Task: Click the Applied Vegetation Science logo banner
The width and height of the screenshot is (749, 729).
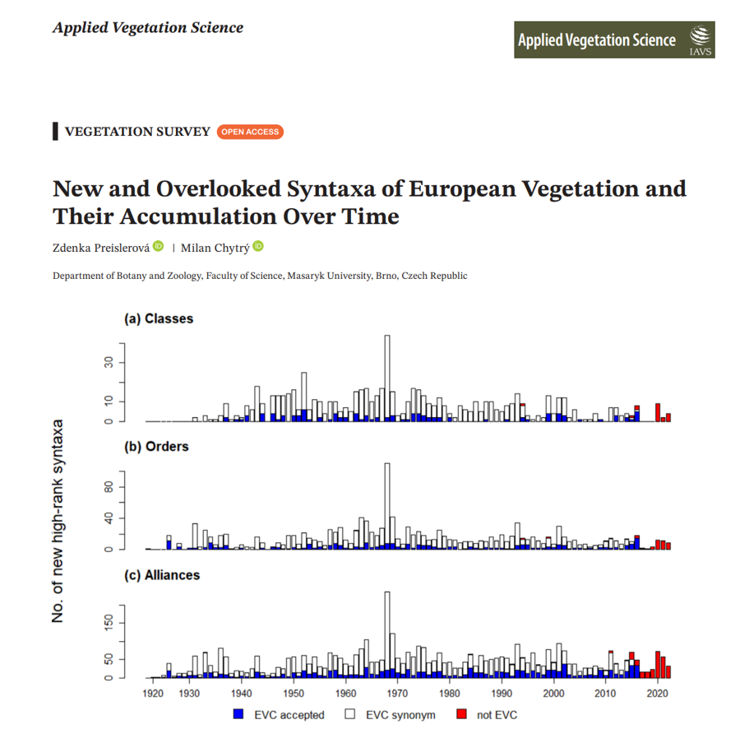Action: (614, 39)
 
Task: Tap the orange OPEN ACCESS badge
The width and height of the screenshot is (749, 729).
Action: (250, 132)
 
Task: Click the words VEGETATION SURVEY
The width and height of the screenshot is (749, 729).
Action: (137, 132)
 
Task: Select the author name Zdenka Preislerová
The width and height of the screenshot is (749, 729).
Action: (101, 248)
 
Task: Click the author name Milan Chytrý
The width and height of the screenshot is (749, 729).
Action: (215, 248)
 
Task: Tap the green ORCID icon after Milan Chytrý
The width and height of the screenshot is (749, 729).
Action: (258, 247)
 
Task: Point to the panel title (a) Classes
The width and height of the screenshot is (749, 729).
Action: (159, 318)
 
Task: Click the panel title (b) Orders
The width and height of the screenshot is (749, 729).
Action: (156, 447)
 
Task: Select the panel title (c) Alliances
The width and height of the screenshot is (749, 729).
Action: (162, 575)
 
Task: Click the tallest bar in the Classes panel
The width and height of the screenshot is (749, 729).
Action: (387, 378)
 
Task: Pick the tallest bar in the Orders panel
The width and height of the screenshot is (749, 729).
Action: (387, 506)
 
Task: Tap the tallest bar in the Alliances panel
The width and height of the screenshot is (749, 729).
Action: (387, 634)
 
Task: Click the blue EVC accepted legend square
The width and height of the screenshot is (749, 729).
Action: (238, 715)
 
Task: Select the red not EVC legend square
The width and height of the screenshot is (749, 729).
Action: (462, 715)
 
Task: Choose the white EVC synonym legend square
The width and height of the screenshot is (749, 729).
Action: (349, 715)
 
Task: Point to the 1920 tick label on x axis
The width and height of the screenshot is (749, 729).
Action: (153, 694)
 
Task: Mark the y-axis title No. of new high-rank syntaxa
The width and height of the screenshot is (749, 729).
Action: (58, 521)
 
